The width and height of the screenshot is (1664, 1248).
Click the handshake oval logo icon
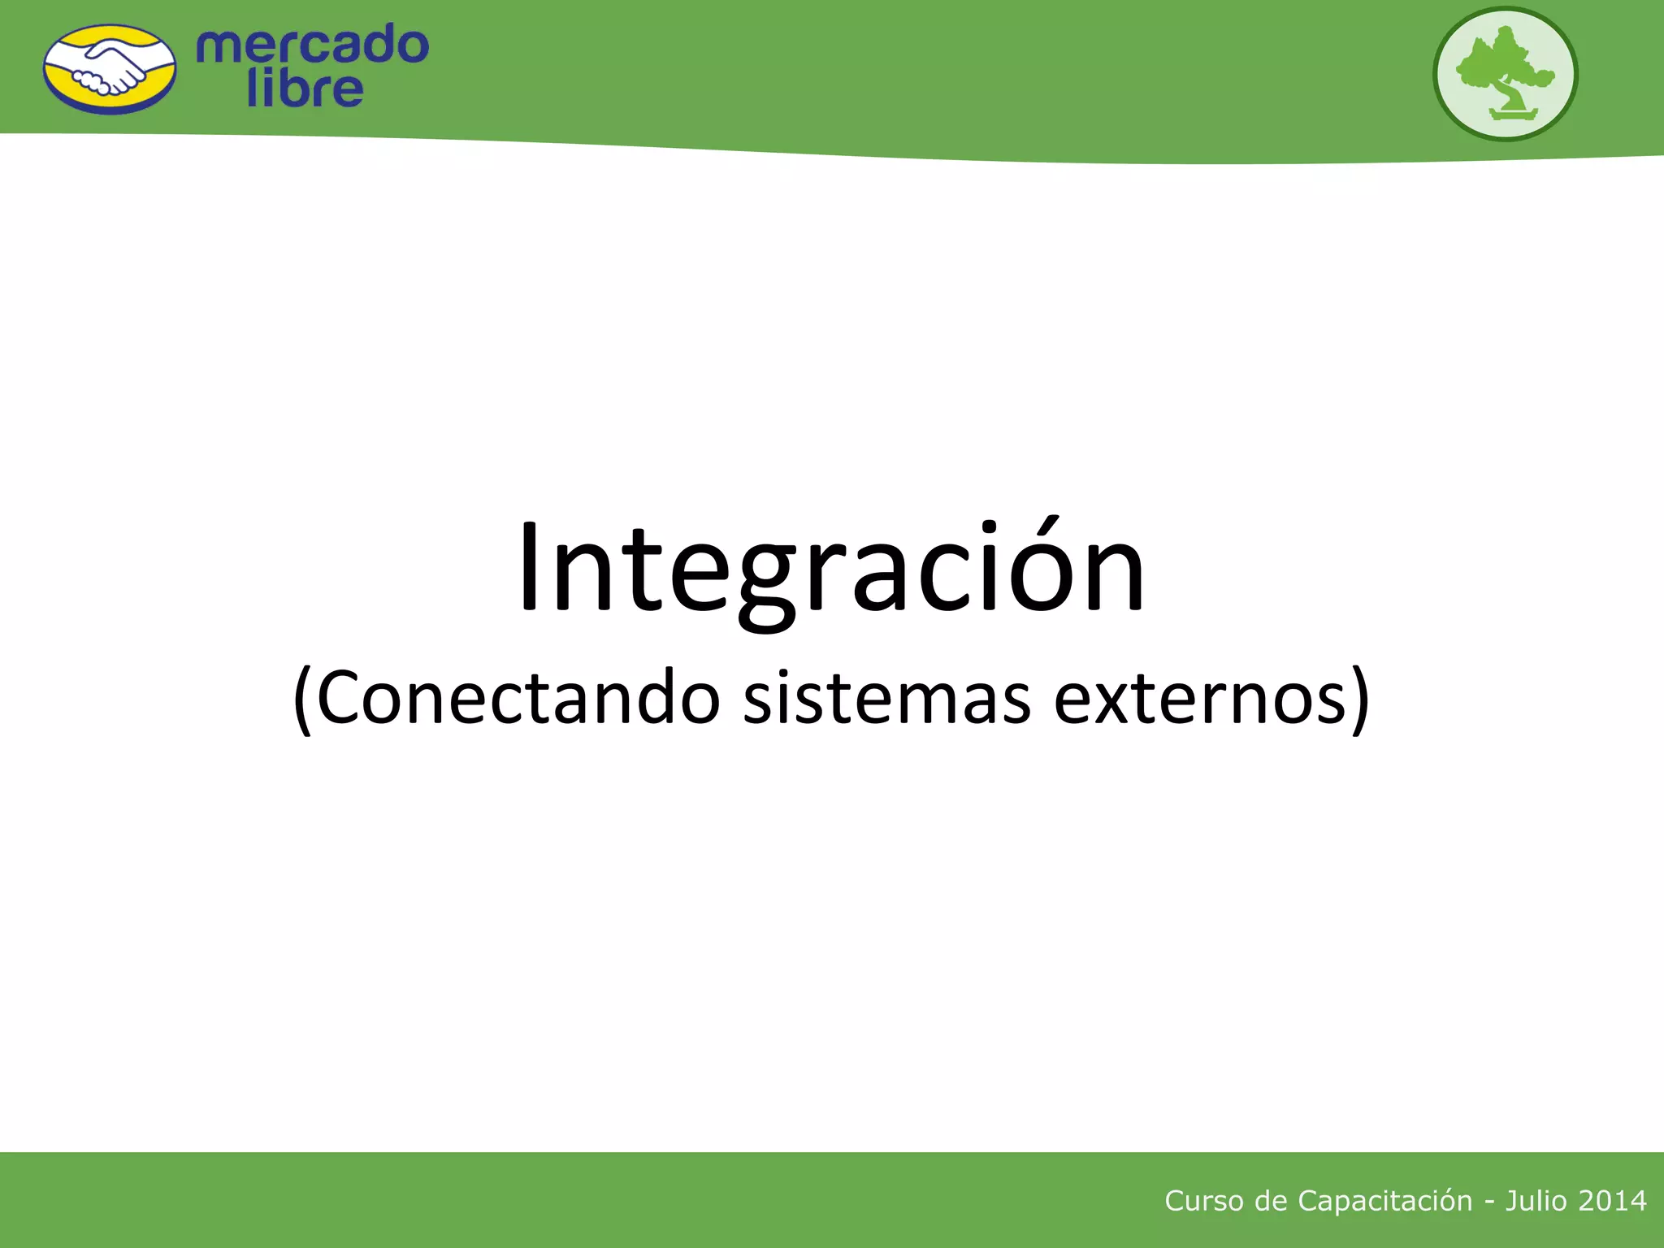(x=109, y=70)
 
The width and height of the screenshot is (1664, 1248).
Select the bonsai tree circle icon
(x=1505, y=74)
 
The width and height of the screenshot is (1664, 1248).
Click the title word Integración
(x=830, y=569)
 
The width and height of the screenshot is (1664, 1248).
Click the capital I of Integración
(x=529, y=569)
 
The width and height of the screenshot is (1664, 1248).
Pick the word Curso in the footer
(x=1203, y=1201)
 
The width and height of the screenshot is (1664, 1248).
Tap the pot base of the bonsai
(x=1513, y=114)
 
